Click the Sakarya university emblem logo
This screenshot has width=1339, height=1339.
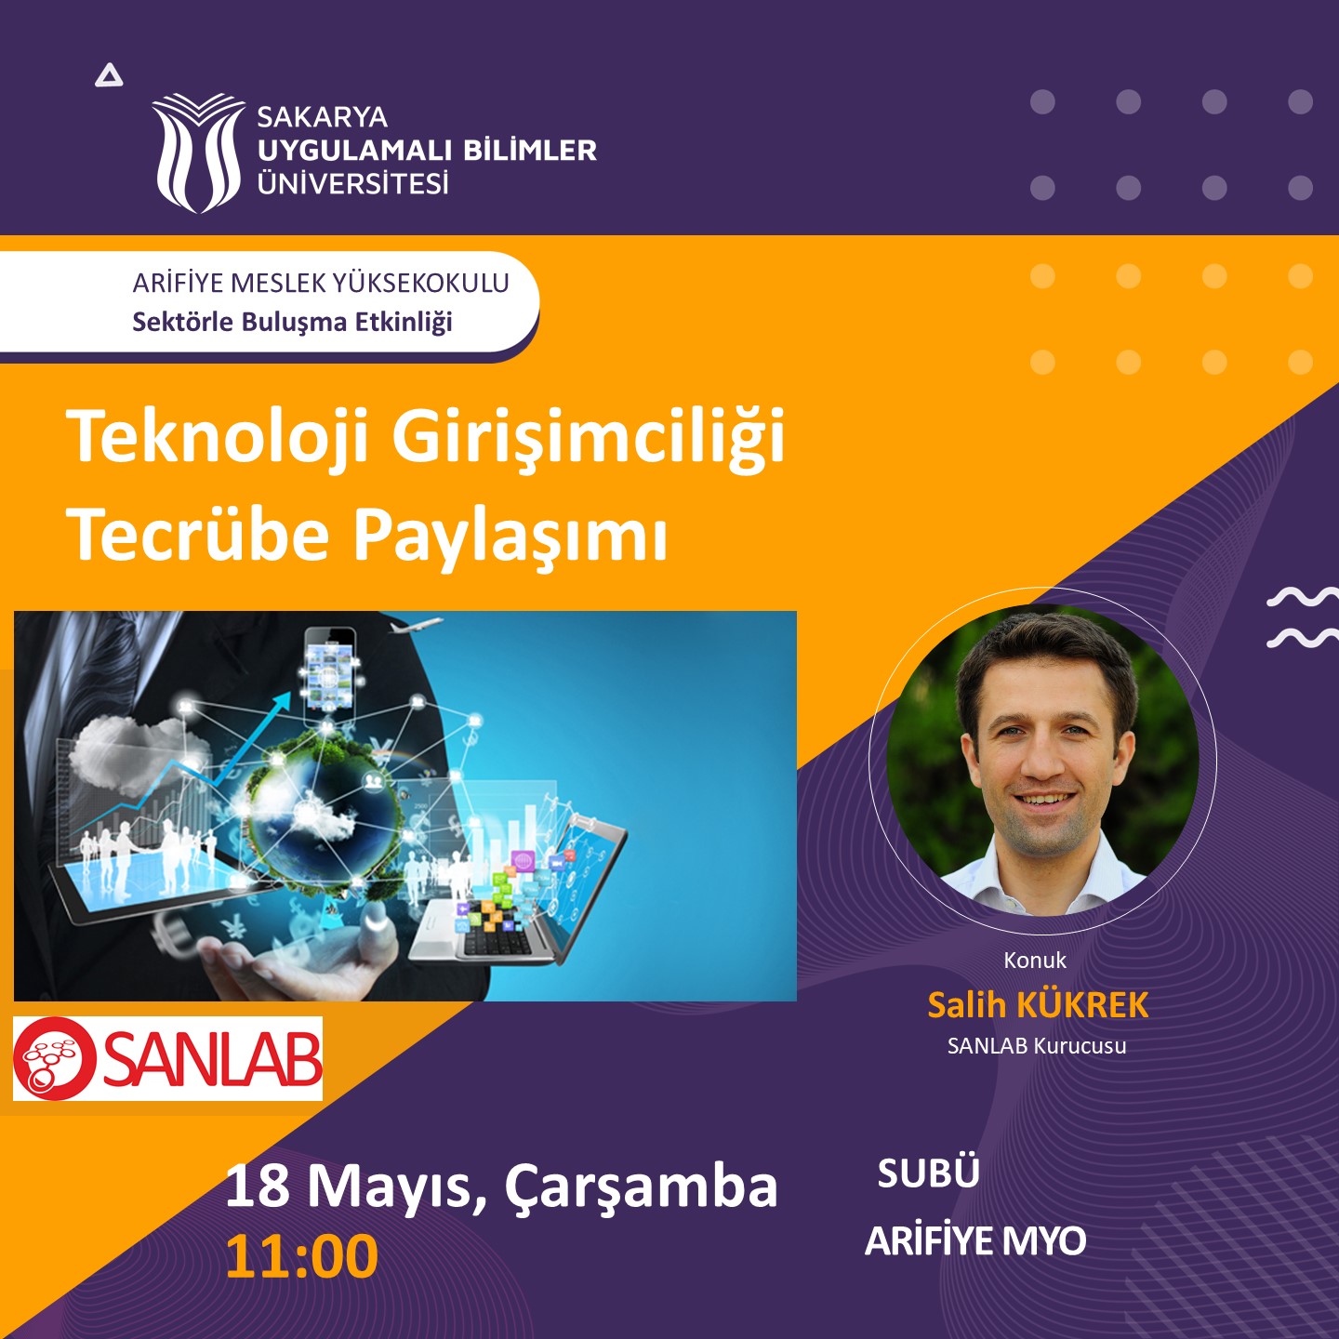tap(199, 152)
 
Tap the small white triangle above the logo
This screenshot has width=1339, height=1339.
tap(109, 75)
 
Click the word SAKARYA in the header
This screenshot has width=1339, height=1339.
tap(322, 117)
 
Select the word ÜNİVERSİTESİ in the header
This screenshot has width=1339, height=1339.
tap(353, 183)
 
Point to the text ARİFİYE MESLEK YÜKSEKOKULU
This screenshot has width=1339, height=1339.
tap(321, 283)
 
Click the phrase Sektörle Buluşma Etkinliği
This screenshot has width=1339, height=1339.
tap(293, 322)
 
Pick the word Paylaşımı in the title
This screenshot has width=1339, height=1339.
tap(511, 539)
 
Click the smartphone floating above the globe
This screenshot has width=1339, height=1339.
tap(330, 671)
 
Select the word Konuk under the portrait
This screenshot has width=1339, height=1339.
tap(1035, 961)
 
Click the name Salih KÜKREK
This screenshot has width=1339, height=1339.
tap(1038, 1005)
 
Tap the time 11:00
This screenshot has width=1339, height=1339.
tap(302, 1256)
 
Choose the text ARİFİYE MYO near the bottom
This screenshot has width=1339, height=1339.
tap(974, 1241)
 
